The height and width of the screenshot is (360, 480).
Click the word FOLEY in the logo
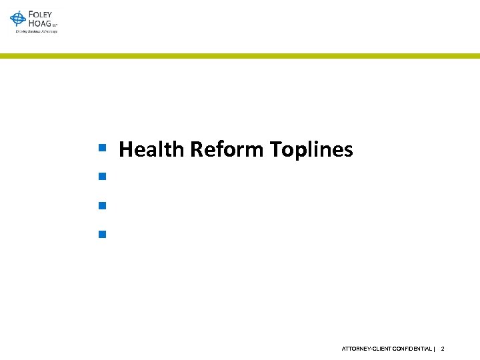40,14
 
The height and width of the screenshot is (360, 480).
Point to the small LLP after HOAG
55,25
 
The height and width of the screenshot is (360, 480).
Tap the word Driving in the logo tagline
21,31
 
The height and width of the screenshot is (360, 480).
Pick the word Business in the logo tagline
33,31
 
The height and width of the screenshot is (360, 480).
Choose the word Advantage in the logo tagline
49,31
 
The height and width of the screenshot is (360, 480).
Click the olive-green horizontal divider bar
240,56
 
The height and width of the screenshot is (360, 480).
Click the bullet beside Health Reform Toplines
102,147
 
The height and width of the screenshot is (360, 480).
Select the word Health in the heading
152,149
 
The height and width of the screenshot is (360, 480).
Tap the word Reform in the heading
227,149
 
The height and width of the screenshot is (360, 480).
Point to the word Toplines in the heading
311,149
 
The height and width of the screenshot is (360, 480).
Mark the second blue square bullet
102,177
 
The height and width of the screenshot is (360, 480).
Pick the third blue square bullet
102,205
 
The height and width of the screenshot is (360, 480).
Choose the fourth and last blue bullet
102,234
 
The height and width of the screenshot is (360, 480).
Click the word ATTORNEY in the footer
355,349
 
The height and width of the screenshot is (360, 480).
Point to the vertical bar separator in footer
435,349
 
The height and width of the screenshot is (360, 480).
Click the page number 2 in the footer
443,349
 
